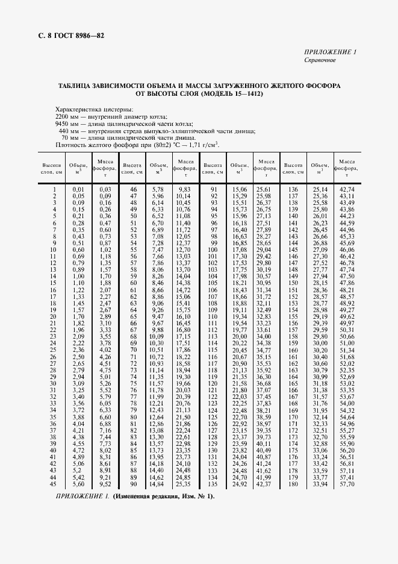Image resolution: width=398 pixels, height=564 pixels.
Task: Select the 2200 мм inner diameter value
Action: tap(64, 116)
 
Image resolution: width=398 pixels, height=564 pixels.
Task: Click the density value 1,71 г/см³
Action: tap(202, 145)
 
